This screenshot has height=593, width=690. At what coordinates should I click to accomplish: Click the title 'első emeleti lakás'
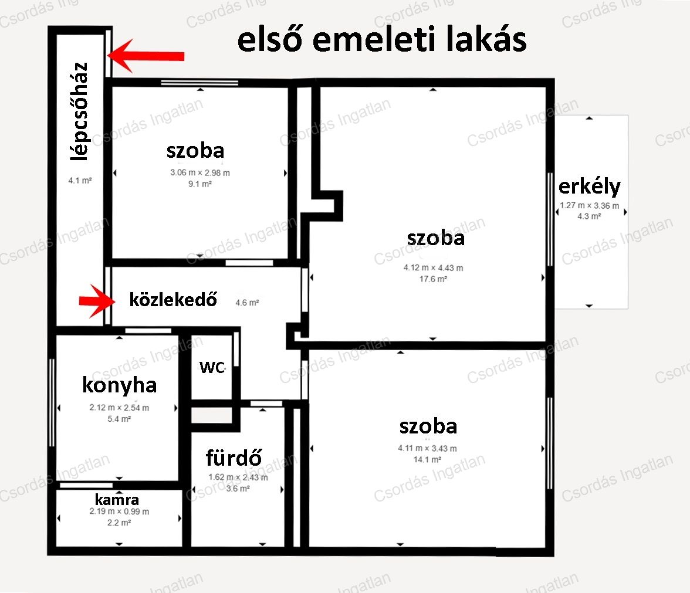(x=381, y=39)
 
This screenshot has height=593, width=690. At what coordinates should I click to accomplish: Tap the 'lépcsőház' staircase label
(x=80, y=111)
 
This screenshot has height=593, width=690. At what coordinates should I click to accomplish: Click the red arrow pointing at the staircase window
(x=146, y=56)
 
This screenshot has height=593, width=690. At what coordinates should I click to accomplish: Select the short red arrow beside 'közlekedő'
(x=97, y=301)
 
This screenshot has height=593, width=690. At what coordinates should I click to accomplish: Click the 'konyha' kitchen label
(x=119, y=385)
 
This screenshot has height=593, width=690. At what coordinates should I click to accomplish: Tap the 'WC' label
(x=212, y=367)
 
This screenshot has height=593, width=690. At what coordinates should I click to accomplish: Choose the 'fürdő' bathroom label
(x=234, y=458)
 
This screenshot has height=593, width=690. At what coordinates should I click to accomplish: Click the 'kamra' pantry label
(x=117, y=500)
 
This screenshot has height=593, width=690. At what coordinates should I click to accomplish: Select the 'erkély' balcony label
(x=589, y=187)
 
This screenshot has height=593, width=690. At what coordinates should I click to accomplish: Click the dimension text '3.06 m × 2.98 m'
(x=200, y=173)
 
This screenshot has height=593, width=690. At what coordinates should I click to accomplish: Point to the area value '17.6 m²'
(x=434, y=279)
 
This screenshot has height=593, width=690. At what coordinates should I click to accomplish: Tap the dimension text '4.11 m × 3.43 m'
(x=427, y=448)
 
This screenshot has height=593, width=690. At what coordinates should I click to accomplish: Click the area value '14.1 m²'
(x=427, y=460)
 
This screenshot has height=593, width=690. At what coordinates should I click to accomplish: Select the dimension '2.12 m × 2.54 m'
(x=119, y=407)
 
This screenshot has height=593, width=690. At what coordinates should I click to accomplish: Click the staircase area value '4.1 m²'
(x=80, y=181)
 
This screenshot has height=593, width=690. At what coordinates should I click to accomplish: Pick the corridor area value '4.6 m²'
(x=248, y=303)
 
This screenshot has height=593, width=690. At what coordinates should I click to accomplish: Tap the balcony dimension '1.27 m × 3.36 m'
(x=589, y=205)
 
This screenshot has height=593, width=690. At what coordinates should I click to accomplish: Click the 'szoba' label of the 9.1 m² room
(x=195, y=151)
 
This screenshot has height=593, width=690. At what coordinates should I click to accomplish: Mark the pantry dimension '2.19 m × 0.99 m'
(x=119, y=511)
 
